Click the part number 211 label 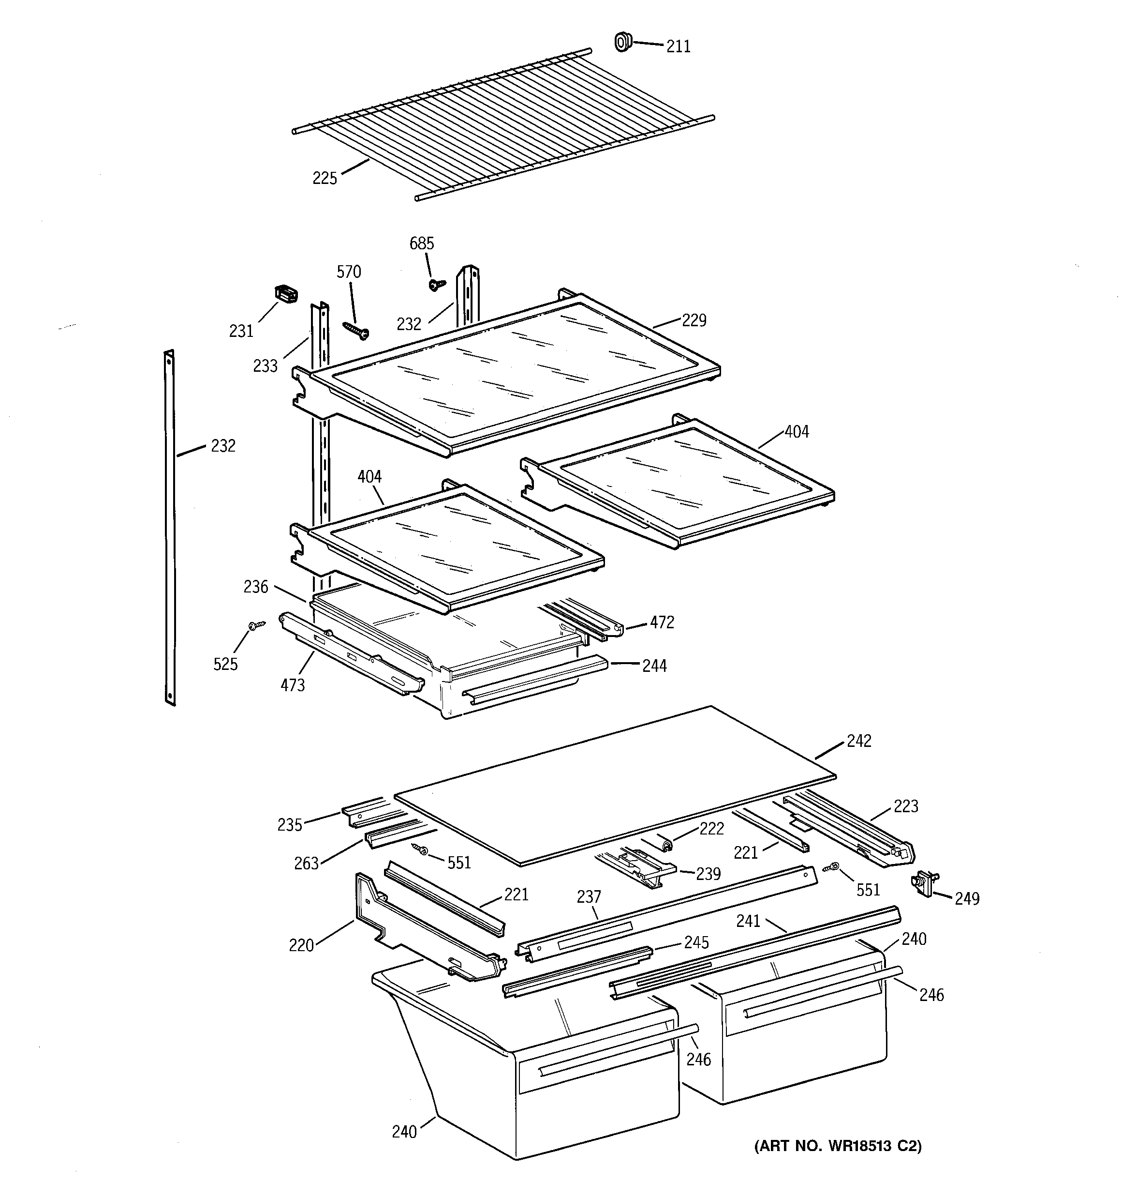678,46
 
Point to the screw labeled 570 356,329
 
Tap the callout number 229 694,320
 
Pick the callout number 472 662,622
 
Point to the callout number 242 859,741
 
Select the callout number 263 306,863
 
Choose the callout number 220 301,945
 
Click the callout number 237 589,897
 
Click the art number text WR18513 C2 838,1146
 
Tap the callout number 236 256,586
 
